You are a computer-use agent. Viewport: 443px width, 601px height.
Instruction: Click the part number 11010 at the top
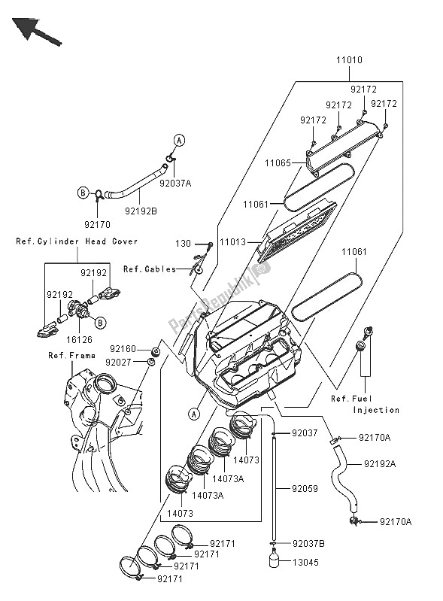tap(349, 60)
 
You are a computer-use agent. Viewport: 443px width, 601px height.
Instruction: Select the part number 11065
tap(278, 163)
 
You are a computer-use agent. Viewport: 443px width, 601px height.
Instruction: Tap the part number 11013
tap(232, 242)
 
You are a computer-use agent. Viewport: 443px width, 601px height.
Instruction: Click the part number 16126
tap(79, 339)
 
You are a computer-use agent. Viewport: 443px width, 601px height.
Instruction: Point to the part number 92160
tap(123, 349)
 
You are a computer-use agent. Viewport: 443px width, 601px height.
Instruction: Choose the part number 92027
tap(118, 363)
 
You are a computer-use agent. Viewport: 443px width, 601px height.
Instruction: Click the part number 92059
tap(305, 489)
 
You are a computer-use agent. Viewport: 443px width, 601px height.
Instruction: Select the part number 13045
tap(306, 563)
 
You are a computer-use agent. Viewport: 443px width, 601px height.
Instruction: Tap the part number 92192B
tap(141, 211)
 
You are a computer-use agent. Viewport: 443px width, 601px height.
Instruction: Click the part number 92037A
tap(175, 184)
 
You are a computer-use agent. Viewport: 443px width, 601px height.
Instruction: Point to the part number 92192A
tap(380, 464)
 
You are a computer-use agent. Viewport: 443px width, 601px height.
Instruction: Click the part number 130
tap(184, 244)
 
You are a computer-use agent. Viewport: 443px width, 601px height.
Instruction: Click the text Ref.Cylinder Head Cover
tap(77, 241)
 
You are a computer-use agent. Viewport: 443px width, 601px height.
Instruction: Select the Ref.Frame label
tap(71, 355)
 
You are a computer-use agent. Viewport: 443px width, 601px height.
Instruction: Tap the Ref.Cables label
tap(150, 269)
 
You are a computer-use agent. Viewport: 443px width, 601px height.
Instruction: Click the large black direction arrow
tap(36, 32)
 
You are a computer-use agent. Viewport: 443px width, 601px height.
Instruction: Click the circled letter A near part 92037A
tap(179, 141)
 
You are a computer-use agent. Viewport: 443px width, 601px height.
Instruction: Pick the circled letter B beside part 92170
tap(83, 193)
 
